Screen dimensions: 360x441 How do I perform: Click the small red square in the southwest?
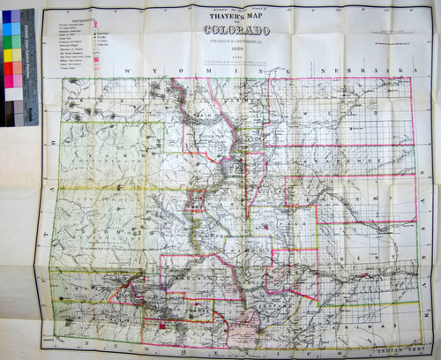point(162,328)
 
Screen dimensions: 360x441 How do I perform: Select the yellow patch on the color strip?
point(7,56)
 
